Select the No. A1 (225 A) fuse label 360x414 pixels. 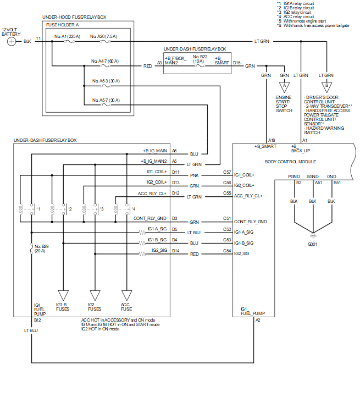[x=68, y=37]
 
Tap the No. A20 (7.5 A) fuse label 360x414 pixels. [x=104, y=37]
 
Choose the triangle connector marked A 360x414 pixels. [x=284, y=86]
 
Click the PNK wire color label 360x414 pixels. [x=194, y=175]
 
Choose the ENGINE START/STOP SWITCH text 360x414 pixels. [x=284, y=104]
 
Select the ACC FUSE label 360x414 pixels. [x=126, y=307]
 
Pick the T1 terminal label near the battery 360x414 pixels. [x=38, y=38]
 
